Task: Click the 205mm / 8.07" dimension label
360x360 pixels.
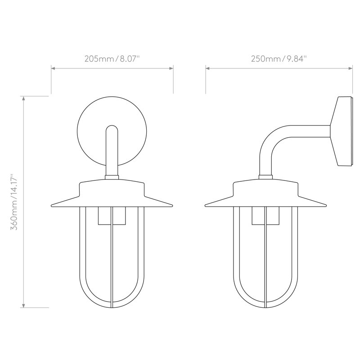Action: tap(112, 59)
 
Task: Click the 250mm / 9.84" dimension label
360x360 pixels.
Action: tap(279, 59)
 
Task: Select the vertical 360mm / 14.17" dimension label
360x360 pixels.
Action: tap(14, 202)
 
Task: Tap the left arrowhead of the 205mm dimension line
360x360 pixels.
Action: tap(53, 68)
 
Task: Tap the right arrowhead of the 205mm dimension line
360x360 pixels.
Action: tap(171, 68)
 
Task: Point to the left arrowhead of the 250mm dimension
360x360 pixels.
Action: tap(207, 68)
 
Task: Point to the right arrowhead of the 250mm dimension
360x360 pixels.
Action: tap(351, 68)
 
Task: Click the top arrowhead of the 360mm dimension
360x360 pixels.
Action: tap(23, 98)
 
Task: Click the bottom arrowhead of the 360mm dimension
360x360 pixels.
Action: tap(23, 306)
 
